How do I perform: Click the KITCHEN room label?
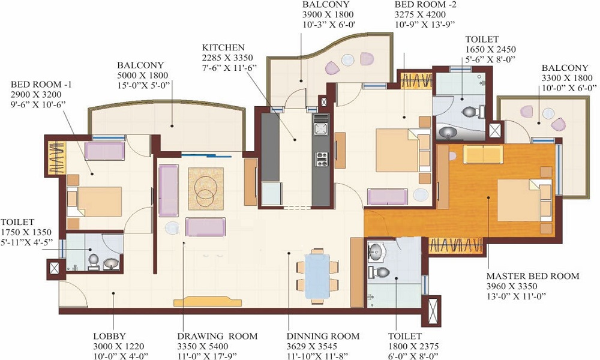tap(223, 47)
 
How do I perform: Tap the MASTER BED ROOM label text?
tap(533, 276)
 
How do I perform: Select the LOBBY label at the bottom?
tap(109, 336)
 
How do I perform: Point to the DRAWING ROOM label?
tap(217, 336)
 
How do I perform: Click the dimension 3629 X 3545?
tap(312, 346)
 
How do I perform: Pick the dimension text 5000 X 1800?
tap(142, 76)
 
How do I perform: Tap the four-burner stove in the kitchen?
tap(322, 159)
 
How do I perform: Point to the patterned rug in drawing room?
tap(206, 188)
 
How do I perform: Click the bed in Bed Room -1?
tap(94, 202)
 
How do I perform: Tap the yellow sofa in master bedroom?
tap(483, 154)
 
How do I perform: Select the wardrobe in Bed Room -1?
tap(56, 158)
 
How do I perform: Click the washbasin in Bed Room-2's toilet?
tap(448, 133)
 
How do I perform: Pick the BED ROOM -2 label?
tap(425, 5)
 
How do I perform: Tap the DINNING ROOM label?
tap(323, 336)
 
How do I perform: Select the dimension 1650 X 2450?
tap(491, 49)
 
